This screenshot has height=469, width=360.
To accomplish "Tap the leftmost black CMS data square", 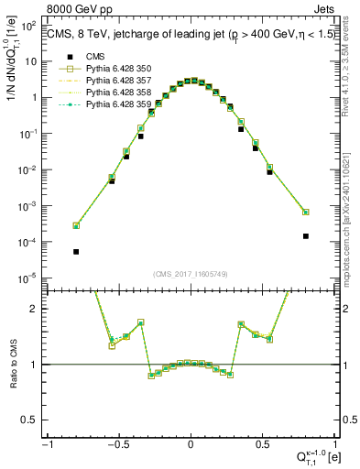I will (76, 251).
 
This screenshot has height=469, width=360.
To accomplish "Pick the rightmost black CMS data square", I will (305, 235).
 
